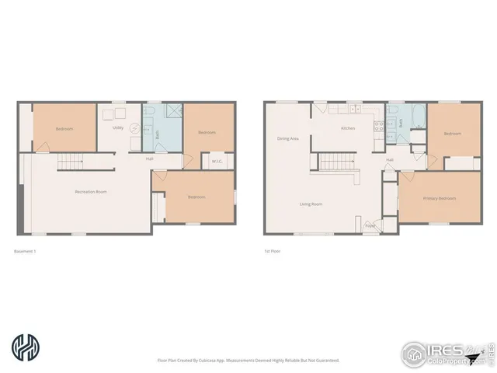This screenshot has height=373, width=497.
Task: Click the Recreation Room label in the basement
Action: point(90,190)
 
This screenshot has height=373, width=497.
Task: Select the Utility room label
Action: point(118,127)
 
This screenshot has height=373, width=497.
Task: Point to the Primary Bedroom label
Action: point(440,198)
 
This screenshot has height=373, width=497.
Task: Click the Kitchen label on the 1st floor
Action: point(349,128)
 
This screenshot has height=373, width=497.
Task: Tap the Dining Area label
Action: point(288,139)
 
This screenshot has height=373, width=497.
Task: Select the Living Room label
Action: point(311,204)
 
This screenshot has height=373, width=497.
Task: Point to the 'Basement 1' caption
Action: point(26,251)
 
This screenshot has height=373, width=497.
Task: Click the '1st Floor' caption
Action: point(272,251)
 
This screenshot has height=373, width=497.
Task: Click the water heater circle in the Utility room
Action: point(134,129)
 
